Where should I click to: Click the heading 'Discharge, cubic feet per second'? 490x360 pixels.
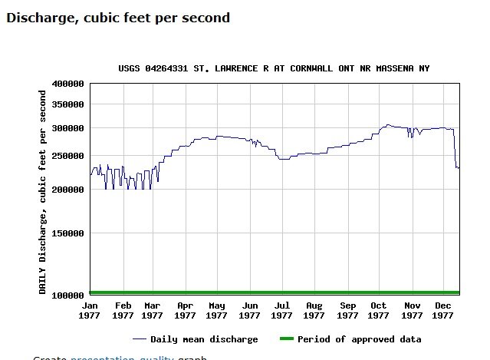pos(118,17)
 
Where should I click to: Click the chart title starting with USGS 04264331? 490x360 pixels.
pos(274,68)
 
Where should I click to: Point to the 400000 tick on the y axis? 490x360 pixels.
pos(68,83)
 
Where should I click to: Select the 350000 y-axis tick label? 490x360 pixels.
pos(68,104)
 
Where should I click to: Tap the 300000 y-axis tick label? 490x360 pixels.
pos(68,127)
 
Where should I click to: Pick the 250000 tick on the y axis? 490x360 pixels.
pos(68,156)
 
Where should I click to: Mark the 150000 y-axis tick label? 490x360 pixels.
pos(68,233)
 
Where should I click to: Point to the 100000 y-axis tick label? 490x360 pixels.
pos(68,296)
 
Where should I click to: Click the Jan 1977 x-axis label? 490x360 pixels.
pos(90,310)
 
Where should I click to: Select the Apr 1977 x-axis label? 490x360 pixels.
pos(185,310)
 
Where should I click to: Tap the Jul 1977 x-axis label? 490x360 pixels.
pos(281,310)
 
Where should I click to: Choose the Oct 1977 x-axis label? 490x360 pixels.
pos(378,310)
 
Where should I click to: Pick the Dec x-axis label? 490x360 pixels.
pos(442,306)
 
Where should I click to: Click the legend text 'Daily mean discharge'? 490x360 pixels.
pos(204,339)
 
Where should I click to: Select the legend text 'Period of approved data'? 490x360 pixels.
pos(359,339)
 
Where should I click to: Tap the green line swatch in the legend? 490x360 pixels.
pos(286,339)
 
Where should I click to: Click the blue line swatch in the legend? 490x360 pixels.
pos(139,339)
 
